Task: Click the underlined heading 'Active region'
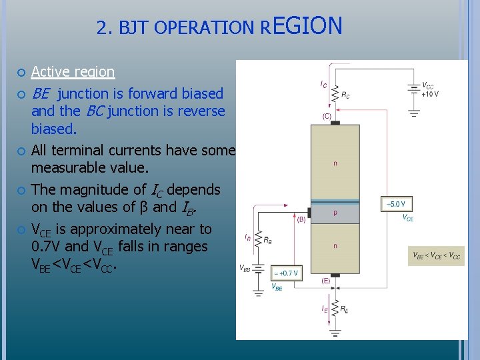[73, 71]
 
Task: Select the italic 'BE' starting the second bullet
[41, 93]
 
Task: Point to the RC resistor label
[345, 95]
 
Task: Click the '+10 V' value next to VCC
[430, 94]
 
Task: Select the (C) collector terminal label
[327, 116]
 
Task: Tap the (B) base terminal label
[301, 218]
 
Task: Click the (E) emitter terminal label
[326, 281]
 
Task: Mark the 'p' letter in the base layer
[335, 213]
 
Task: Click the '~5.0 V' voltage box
[397, 203]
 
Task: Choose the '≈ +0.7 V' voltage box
[285, 273]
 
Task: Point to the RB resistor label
[267, 241]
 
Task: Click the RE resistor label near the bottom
[344, 309]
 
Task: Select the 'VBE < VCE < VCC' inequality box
[436, 255]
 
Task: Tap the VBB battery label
[245, 268]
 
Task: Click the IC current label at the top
[323, 84]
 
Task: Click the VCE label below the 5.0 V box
[407, 217]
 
